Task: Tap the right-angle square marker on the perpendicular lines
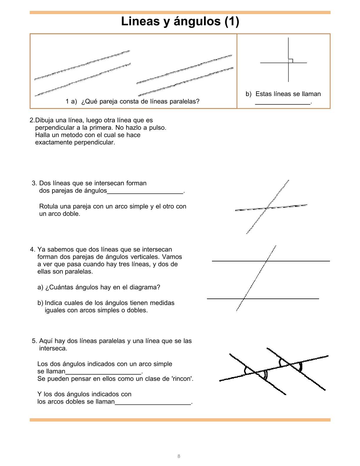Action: pyautogui.click(x=291, y=61)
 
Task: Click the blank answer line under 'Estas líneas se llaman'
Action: pyautogui.click(x=283, y=103)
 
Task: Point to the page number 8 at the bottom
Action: pyautogui.click(x=179, y=456)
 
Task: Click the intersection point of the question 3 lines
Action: pyautogui.click(x=267, y=208)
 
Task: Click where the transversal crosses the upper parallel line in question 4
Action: pyautogui.click(x=267, y=261)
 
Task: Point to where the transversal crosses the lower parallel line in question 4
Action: pyautogui.click(x=244, y=298)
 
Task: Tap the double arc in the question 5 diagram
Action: pyautogui.click(x=266, y=375)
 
